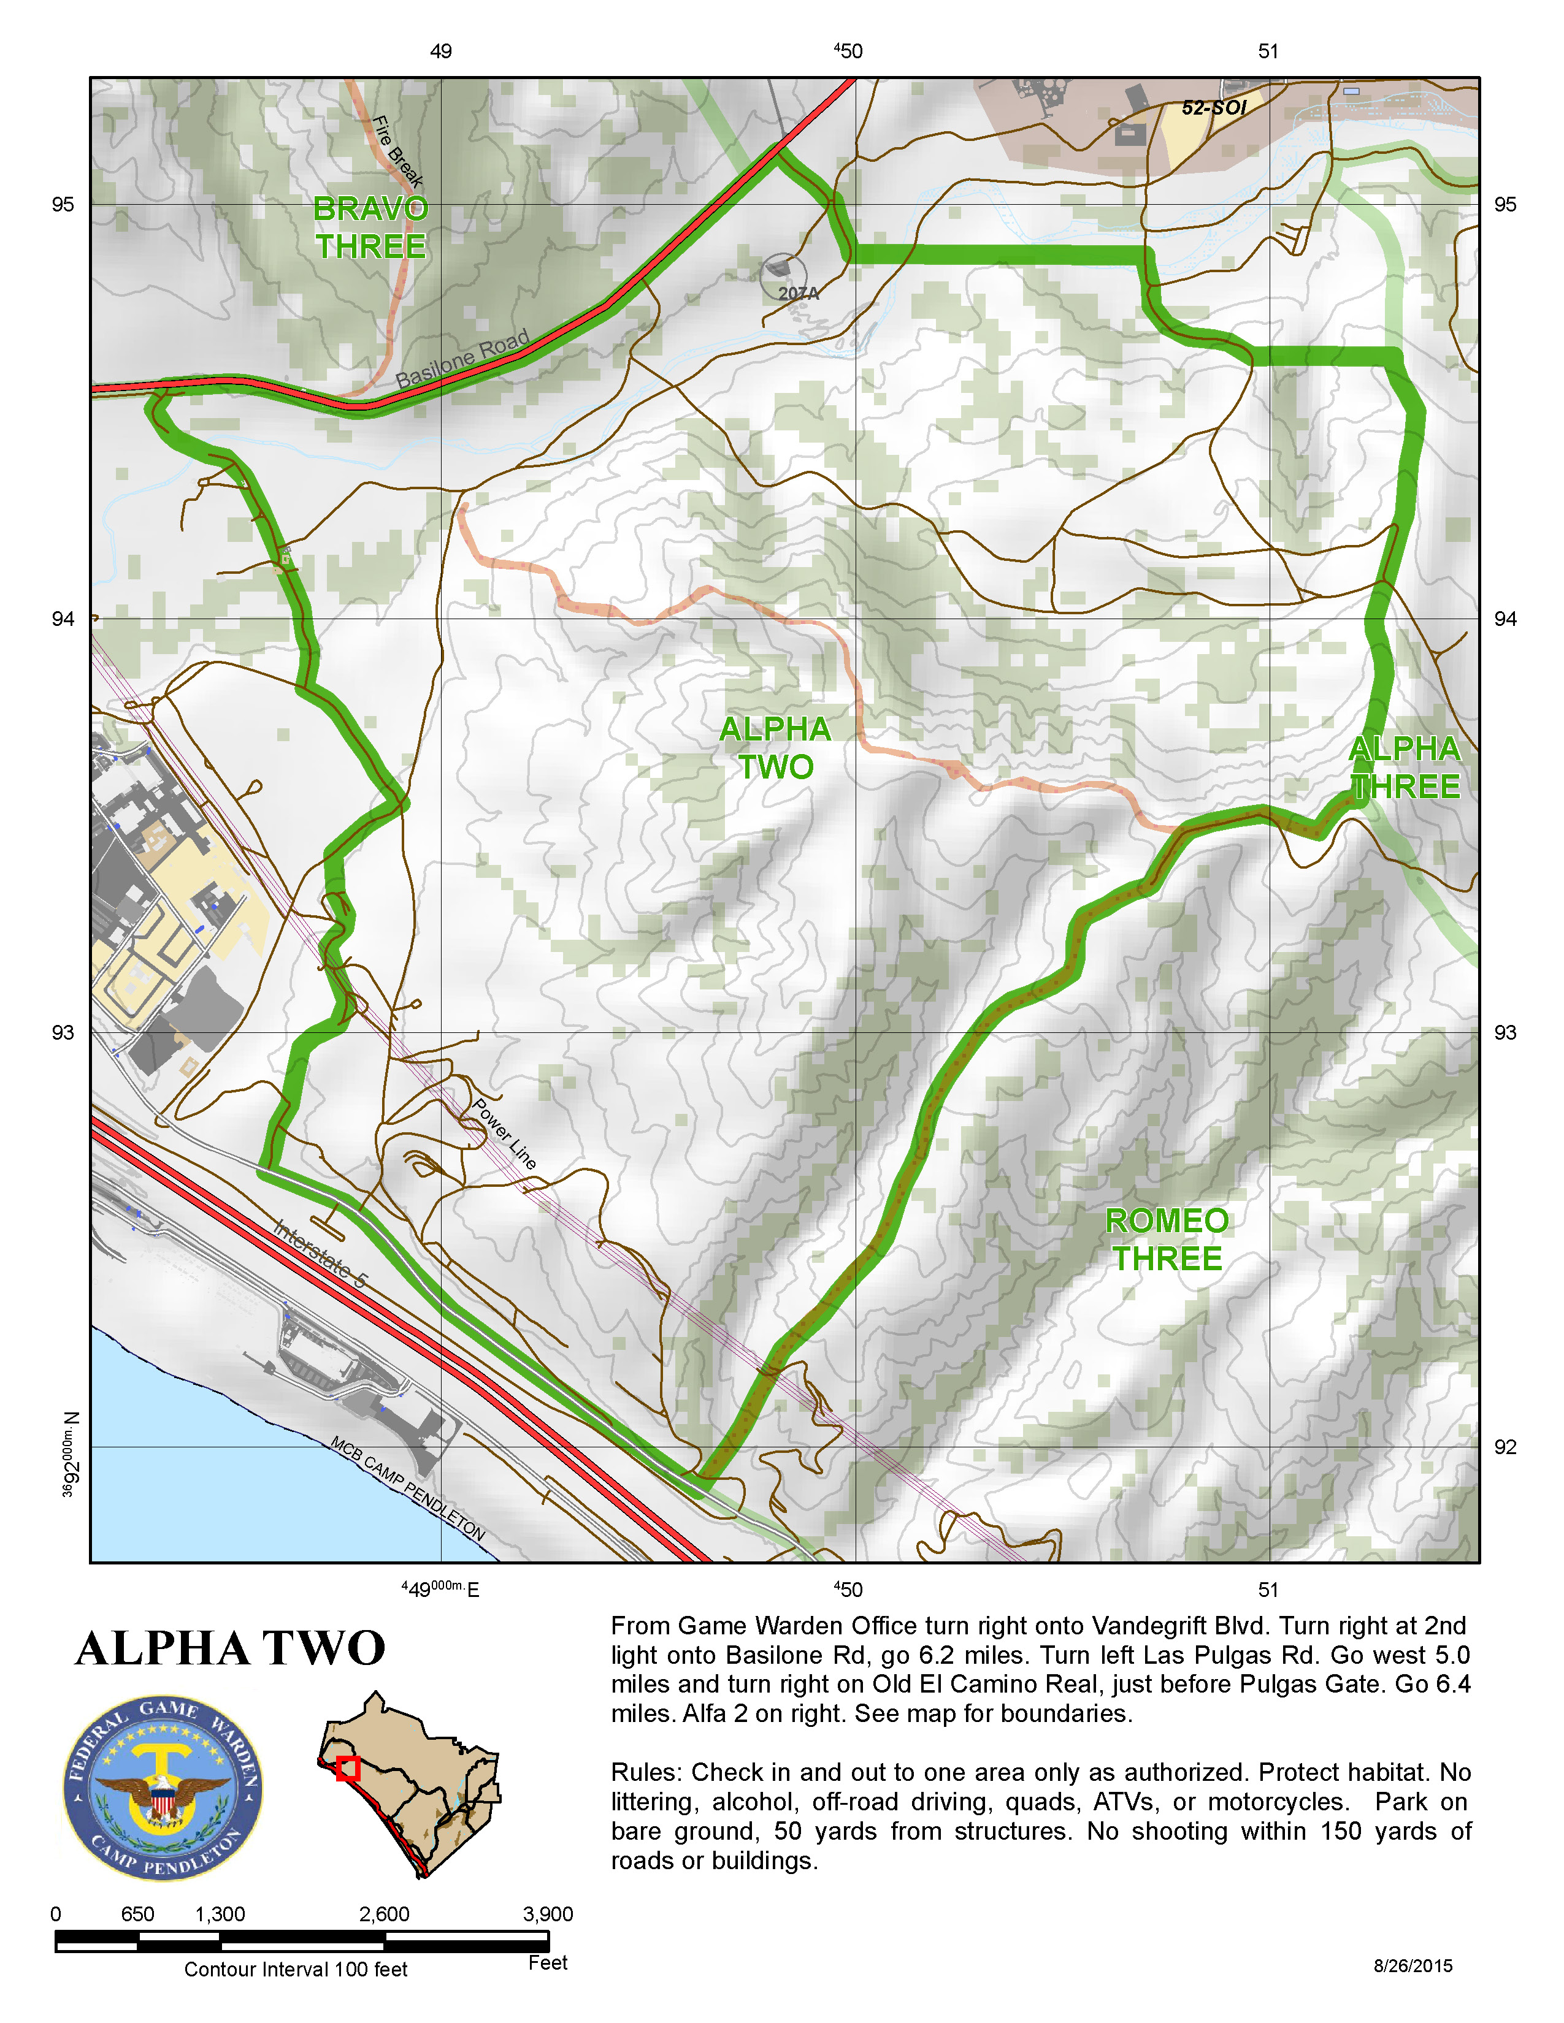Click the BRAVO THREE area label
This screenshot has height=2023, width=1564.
coord(370,228)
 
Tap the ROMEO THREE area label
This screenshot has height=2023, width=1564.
coord(1167,1240)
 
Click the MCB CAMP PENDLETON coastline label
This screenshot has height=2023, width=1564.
coord(408,1488)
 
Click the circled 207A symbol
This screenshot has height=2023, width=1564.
coord(784,276)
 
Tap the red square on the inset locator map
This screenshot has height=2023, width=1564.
coord(347,1768)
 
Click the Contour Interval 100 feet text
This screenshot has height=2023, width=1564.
coord(296,1969)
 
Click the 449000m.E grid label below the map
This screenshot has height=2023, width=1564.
coord(440,1590)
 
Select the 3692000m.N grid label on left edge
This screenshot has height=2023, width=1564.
coord(71,1454)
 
